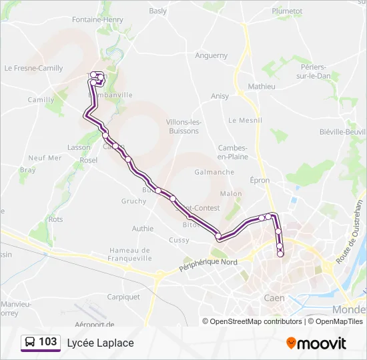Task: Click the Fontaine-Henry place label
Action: coord(97,20)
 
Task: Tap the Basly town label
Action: coord(158,11)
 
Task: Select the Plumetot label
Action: coord(287,11)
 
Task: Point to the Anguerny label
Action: coord(212,56)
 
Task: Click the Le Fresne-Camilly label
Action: coord(33,68)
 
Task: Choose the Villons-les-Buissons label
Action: coord(182,127)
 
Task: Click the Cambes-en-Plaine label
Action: coord(233,152)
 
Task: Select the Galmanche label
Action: coord(214,172)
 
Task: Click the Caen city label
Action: coord(274,297)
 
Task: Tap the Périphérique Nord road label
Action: coord(209,265)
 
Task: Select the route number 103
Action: coord(48,342)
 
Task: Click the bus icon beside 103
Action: coord(30,343)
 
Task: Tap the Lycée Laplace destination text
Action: coord(100,343)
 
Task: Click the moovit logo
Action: coord(316,343)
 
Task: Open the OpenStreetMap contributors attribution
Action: coord(256,321)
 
